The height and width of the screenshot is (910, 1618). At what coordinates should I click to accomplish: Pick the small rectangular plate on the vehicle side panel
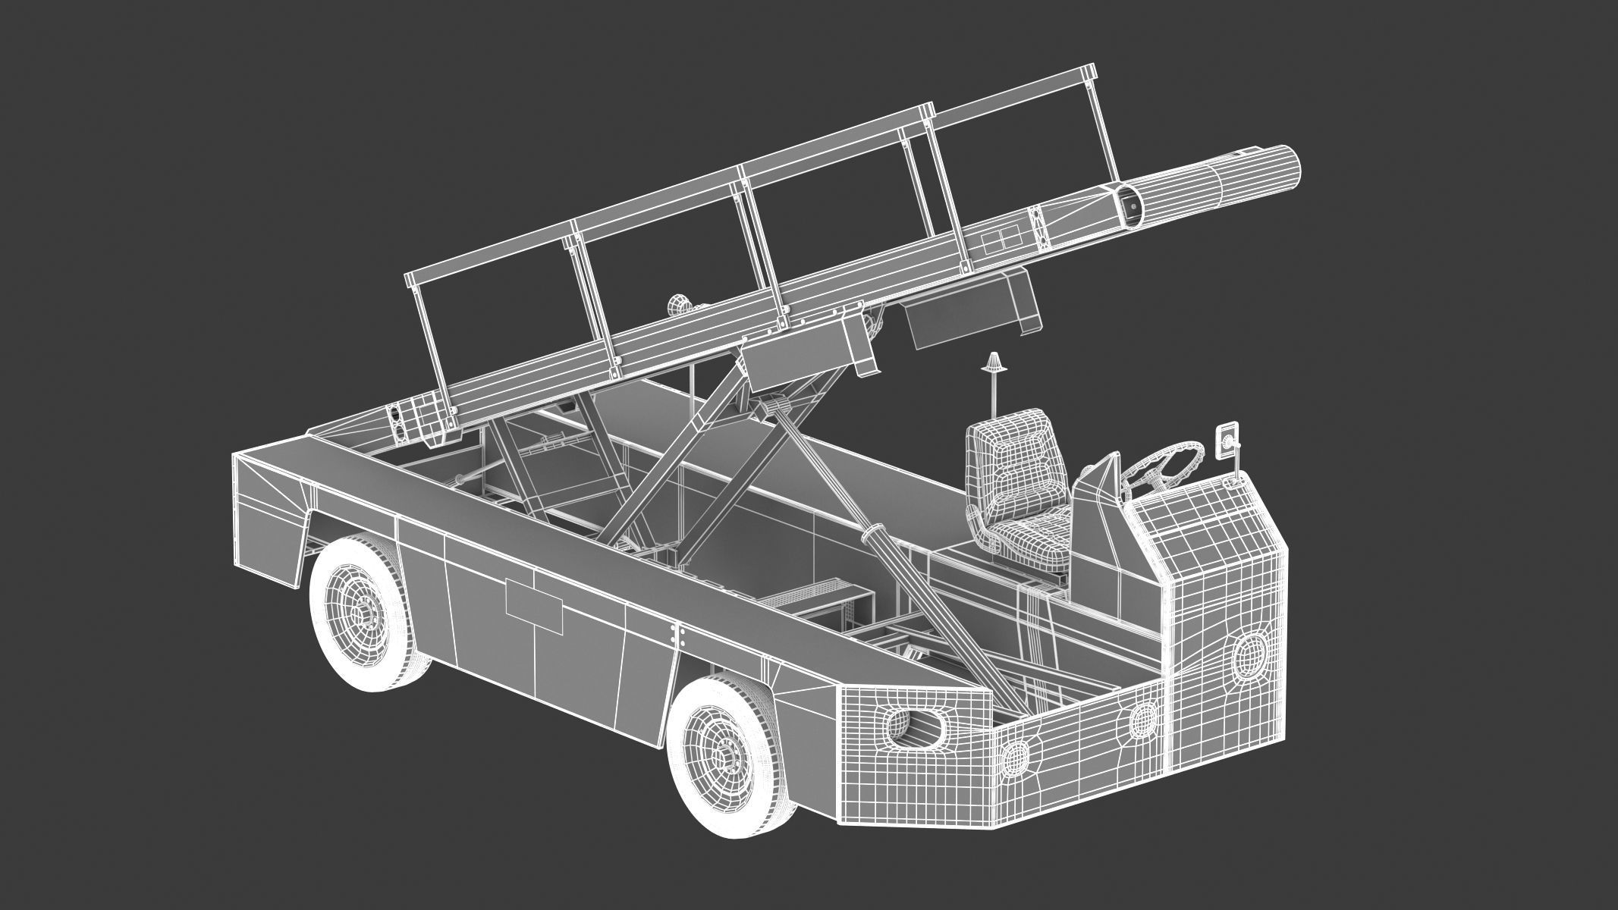click(x=534, y=595)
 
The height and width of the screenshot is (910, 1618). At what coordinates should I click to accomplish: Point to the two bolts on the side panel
click(x=677, y=636)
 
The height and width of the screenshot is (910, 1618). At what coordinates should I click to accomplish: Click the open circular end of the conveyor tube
click(x=1129, y=206)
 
